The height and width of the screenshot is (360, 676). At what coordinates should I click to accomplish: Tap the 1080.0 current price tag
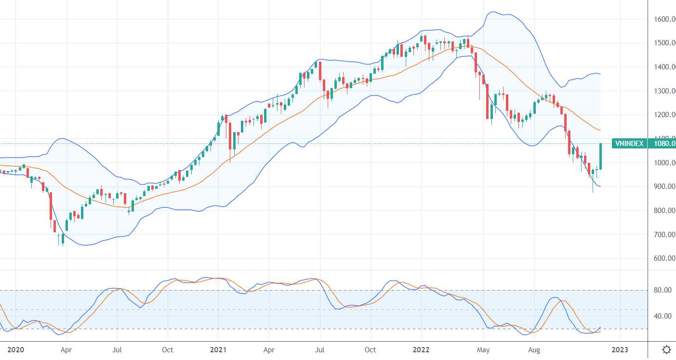coord(662,143)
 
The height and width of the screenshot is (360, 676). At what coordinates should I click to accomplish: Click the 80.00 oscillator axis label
coord(662,290)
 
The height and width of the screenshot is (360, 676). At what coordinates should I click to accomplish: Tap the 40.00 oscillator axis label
coord(662,316)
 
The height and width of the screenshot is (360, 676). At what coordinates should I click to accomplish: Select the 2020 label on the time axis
coord(15,349)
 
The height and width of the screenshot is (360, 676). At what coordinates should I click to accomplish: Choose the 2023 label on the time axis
coord(620,349)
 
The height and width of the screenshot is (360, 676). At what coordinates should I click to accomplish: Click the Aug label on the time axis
coord(534,349)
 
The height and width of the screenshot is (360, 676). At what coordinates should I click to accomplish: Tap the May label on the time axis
coord(483,349)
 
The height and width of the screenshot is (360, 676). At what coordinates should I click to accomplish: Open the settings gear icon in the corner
coord(667,349)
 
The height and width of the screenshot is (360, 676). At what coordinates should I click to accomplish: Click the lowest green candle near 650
coord(63,239)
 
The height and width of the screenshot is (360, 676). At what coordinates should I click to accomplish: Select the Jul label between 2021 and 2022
coord(319,349)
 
